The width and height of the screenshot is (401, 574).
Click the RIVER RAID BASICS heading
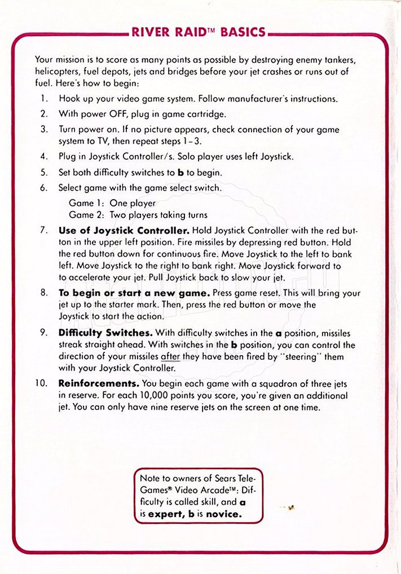(x=199, y=32)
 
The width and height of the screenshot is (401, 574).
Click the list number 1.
(x=43, y=99)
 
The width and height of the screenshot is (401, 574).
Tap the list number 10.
(x=41, y=383)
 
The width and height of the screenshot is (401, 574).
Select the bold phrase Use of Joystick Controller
(x=124, y=231)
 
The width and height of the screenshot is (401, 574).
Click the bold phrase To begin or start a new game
(x=134, y=293)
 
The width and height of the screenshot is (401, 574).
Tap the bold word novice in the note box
(x=223, y=514)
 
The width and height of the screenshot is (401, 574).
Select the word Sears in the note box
(x=227, y=478)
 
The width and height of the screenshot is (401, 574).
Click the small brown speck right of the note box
(x=290, y=507)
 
